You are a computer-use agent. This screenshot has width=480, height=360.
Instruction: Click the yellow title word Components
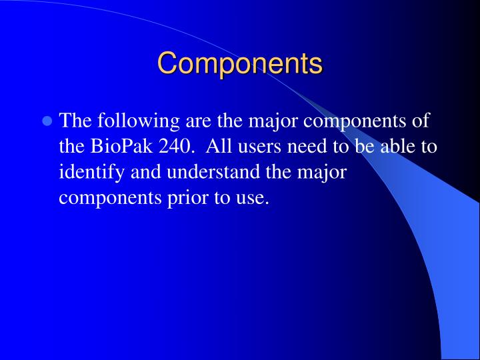[240, 64]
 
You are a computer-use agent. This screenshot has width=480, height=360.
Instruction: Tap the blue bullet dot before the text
[47, 122]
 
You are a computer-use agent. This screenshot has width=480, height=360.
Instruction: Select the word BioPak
[121, 147]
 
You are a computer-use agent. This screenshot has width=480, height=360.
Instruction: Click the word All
[223, 147]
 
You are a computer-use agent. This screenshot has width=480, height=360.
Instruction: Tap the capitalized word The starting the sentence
[76, 121]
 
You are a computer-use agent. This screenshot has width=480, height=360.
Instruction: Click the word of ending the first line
[422, 121]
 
